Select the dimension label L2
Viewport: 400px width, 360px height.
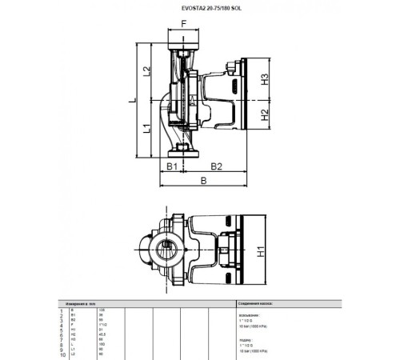146,70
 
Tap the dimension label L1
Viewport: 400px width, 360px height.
146,127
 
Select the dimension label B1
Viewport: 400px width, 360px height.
172,166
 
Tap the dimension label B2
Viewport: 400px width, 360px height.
215,166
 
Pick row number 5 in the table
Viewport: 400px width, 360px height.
62,329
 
